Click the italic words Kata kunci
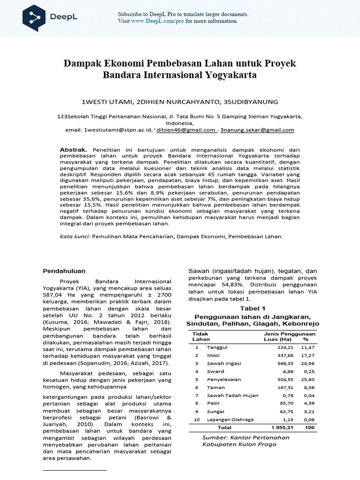75,237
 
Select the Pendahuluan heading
64,270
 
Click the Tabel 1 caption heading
253,308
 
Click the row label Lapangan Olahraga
230,419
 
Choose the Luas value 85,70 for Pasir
280,403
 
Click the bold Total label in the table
225,427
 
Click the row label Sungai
216,411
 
